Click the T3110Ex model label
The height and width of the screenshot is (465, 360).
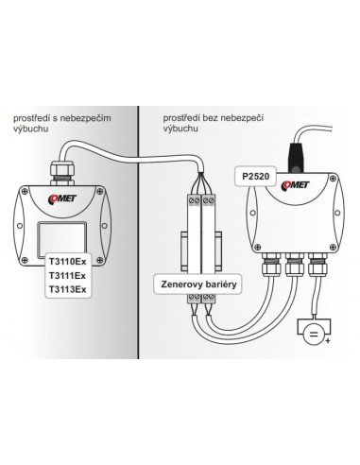(67, 262)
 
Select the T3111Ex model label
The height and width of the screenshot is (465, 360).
(67, 276)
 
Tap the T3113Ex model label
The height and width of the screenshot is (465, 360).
(67, 289)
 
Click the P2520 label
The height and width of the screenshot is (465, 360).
(256, 177)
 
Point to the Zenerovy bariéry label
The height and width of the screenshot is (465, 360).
(198, 284)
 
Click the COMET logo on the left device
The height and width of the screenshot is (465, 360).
(62, 199)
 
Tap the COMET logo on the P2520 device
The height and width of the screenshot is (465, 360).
(296, 185)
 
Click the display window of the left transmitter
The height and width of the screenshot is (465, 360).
(62, 239)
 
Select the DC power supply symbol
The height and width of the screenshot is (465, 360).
(314, 335)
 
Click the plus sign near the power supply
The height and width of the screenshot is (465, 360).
(328, 340)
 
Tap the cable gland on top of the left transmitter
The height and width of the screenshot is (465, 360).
(61, 173)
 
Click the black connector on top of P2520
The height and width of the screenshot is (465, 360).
(296, 158)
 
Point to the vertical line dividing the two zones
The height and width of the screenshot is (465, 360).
(138, 232)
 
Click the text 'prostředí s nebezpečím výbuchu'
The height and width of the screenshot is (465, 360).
(62, 123)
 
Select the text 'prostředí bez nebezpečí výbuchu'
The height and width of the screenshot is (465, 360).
(214, 123)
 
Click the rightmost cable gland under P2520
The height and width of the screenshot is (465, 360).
(317, 265)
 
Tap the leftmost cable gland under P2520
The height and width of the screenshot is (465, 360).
(271, 265)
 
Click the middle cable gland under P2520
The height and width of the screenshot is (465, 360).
(295, 265)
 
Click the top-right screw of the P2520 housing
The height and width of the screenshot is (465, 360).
(333, 179)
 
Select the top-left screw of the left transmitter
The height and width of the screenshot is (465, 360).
(25, 191)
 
